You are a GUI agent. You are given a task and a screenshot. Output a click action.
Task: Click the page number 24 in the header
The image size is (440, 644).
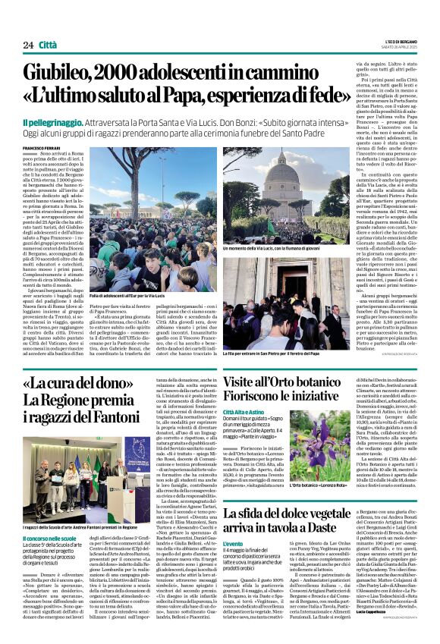(28, 45)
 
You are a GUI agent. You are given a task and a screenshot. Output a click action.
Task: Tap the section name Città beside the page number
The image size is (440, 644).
(49, 45)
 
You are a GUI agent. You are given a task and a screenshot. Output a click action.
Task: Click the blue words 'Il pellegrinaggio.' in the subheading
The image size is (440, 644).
(49, 122)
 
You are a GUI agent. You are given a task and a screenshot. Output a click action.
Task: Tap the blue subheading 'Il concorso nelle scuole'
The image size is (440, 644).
(48, 516)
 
